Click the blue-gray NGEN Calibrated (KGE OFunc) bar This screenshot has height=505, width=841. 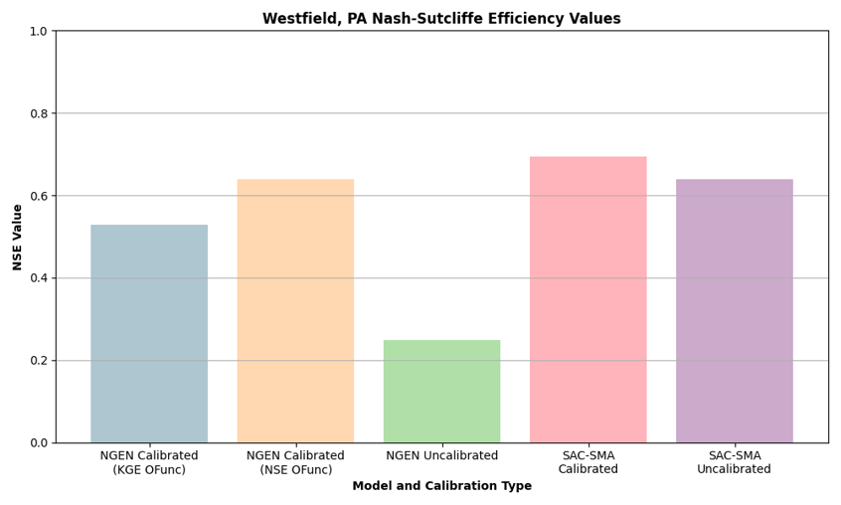tap(149, 333)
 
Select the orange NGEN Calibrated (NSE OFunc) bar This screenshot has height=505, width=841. tap(295, 310)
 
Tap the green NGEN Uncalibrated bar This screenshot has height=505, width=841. tap(441, 391)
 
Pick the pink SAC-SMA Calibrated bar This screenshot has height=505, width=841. tap(588, 299)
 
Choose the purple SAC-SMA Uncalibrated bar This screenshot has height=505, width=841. tap(734, 310)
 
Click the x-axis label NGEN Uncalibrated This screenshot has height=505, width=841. tap(441, 455)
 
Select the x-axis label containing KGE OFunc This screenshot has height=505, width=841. tap(149, 462)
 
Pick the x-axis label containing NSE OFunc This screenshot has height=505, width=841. tap(295, 462)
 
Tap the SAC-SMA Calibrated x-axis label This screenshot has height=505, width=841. tap(588, 462)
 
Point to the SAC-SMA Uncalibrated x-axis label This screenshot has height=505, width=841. tap(734, 462)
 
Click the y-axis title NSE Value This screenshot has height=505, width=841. tap(17, 237)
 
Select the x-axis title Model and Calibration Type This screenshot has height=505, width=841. tap(441, 486)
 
